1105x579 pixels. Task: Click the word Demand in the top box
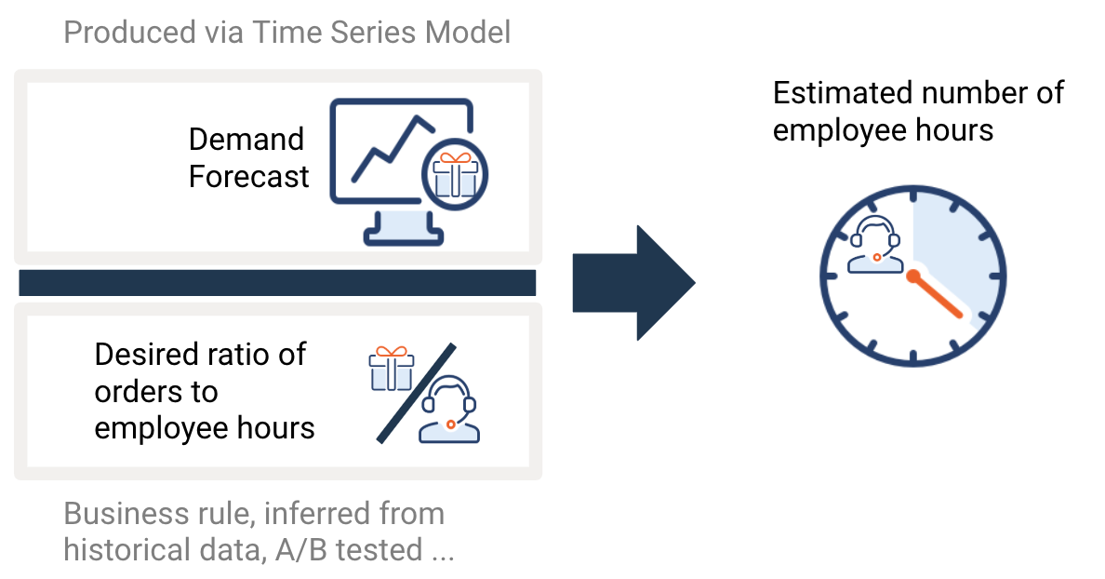pos(246,139)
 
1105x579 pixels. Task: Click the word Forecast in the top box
pos(248,176)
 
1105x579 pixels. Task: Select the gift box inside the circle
pos(455,174)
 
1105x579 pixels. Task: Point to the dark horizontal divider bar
pos(277,283)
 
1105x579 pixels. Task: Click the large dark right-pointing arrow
pos(633,283)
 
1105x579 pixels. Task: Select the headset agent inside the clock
pos(875,244)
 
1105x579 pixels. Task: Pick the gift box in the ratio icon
pos(391,368)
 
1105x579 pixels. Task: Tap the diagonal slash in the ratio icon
pos(417,394)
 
